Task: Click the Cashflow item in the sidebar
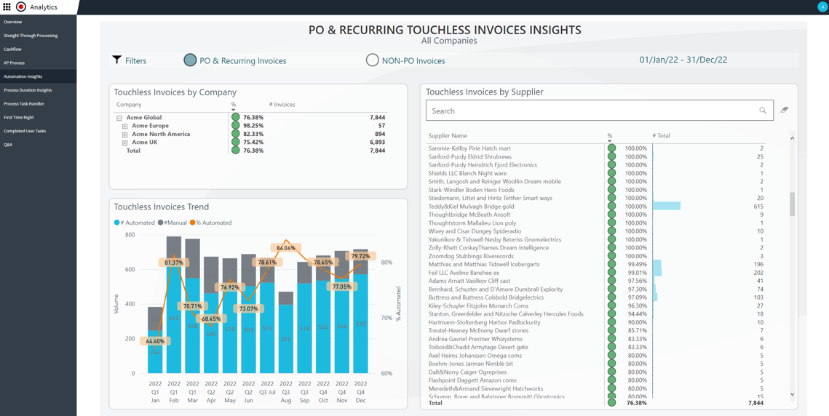pyautogui.click(x=12, y=49)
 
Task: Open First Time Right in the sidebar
pyautogui.click(x=19, y=117)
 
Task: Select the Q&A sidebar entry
pyautogui.click(x=8, y=145)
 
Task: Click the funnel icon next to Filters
pyautogui.click(x=116, y=60)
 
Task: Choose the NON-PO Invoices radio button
pyautogui.click(x=372, y=60)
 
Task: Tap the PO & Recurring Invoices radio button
pyautogui.click(x=190, y=60)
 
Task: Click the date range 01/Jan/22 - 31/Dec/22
pyautogui.click(x=683, y=60)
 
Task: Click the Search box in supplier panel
pyautogui.click(x=593, y=111)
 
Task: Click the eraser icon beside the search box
pyautogui.click(x=784, y=110)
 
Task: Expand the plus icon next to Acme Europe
pyautogui.click(x=125, y=126)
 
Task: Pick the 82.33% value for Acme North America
pyautogui.click(x=253, y=134)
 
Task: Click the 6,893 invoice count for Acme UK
pyautogui.click(x=377, y=143)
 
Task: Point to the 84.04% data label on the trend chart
pyautogui.click(x=285, y=248)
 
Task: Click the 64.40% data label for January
pyautogui.click(x=155, y=341)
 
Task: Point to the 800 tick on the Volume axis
pyautogui.click(x=130, y=235)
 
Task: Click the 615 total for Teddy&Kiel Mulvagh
pyautogui.click(x=758, y=207)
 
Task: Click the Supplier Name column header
pyautogui.click(x=448, y=136)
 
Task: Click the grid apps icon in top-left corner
pyautogui.click(x=7, y=7)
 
